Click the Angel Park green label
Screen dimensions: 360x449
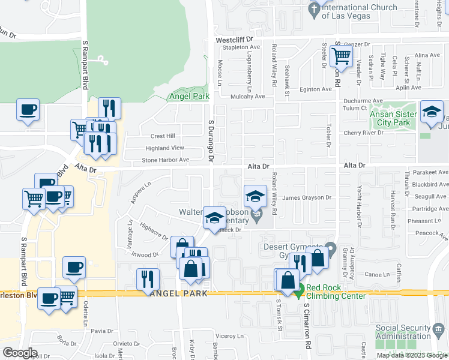pos(188,96)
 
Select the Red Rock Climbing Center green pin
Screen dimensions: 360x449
pos(300,292)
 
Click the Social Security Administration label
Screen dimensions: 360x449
pos(404,332)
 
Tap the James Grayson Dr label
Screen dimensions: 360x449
pos(307,197)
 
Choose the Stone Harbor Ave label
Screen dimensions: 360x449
pos(165,160)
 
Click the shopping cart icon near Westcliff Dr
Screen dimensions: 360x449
pos(342,56)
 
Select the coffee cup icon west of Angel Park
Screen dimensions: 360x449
pos(28,110)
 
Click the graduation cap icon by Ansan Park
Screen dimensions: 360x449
pos(432,113)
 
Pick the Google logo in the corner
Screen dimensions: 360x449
pos(20,353)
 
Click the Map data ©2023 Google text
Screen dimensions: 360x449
pos(411,355)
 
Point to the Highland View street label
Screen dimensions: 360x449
pos(164,148)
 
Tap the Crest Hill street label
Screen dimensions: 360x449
pos(162,136)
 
